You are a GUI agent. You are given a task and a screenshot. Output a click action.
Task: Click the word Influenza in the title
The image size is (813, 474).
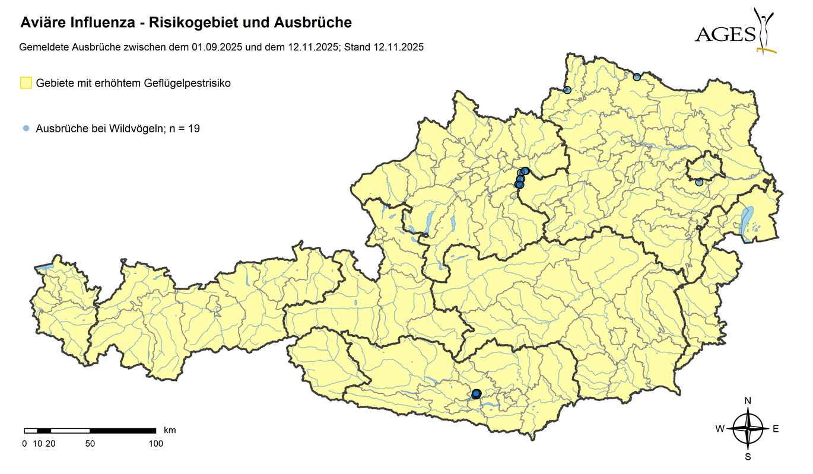[x=103, y=23]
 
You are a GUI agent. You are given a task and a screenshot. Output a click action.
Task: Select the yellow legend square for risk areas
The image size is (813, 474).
[x=26, y=83]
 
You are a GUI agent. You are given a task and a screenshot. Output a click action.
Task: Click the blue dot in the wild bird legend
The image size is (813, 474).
[x=26, y=128]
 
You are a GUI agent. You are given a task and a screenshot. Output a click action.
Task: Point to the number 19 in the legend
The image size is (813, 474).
[x=193, y=128]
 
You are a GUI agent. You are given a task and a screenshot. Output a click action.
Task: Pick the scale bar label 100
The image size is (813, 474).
[x=156, y=443]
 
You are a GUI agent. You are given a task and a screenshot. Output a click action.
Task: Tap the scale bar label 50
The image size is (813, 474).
[x=90, y=443]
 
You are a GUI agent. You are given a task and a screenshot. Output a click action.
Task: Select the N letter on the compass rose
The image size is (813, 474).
[x=748, y=400]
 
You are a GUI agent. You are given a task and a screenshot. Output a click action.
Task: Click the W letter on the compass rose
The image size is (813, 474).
[x=719, y=429]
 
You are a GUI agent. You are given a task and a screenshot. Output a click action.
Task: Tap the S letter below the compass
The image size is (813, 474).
[x=748, y=457]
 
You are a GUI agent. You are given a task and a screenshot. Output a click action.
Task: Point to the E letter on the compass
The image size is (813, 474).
[x=776, y=429]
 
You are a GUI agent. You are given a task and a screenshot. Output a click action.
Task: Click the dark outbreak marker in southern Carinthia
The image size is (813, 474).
[x=476, y=393]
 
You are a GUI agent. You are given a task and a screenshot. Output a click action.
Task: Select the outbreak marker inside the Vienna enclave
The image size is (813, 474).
[x=699, y=182]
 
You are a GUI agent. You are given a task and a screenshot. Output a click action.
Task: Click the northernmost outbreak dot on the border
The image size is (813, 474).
[x=637, y=77]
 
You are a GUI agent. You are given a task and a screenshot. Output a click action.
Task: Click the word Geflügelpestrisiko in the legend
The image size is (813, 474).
[x=187, y=83]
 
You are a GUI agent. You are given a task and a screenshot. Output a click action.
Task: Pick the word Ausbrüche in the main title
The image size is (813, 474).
[x=313, y=23]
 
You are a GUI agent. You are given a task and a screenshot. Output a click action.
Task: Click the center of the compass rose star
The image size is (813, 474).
[x=748, y=429]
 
